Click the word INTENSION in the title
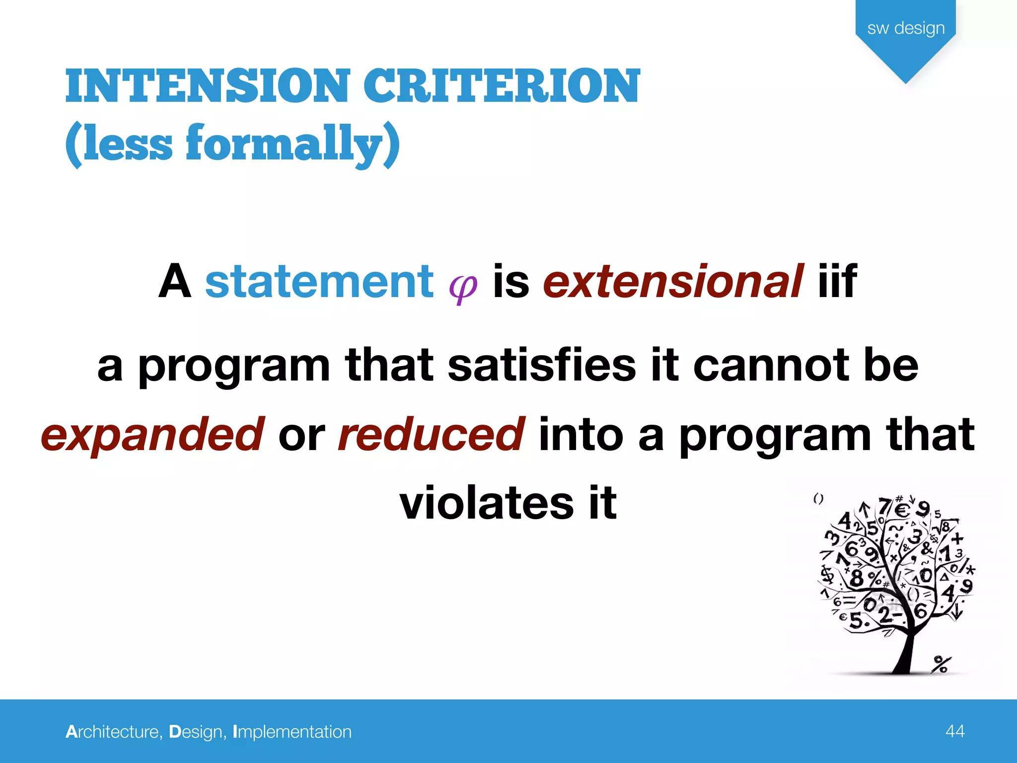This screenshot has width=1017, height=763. coord(208,86)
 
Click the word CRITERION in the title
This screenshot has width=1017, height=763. coord(502,86)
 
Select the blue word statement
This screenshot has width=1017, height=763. coord(319,282)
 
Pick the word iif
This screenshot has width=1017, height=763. coord(837,282)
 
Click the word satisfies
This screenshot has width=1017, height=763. coord(542,366)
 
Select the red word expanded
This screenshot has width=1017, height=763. coord(152,435)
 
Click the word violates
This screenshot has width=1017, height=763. coord(487,503)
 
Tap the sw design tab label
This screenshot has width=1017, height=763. coord(906,28)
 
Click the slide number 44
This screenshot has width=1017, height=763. coord(955,731)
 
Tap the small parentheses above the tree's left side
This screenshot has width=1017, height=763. coord(818,499)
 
